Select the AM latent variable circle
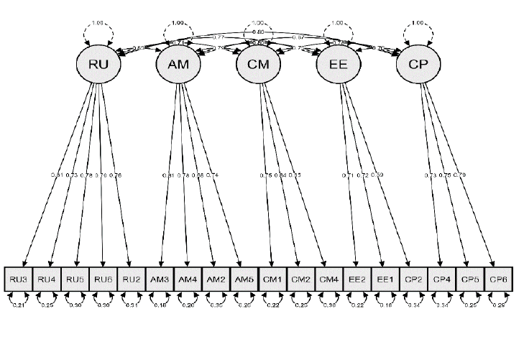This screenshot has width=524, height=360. (x=178, y=65)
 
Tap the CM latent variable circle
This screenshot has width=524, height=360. (x=258, y=65)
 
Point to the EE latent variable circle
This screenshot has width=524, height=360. (x=339, y=65)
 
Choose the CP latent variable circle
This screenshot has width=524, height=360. (x=418, y=65)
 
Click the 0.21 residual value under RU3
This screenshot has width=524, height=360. (x=18, y=305)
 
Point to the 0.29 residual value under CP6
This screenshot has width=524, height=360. (x=497, y=305)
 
